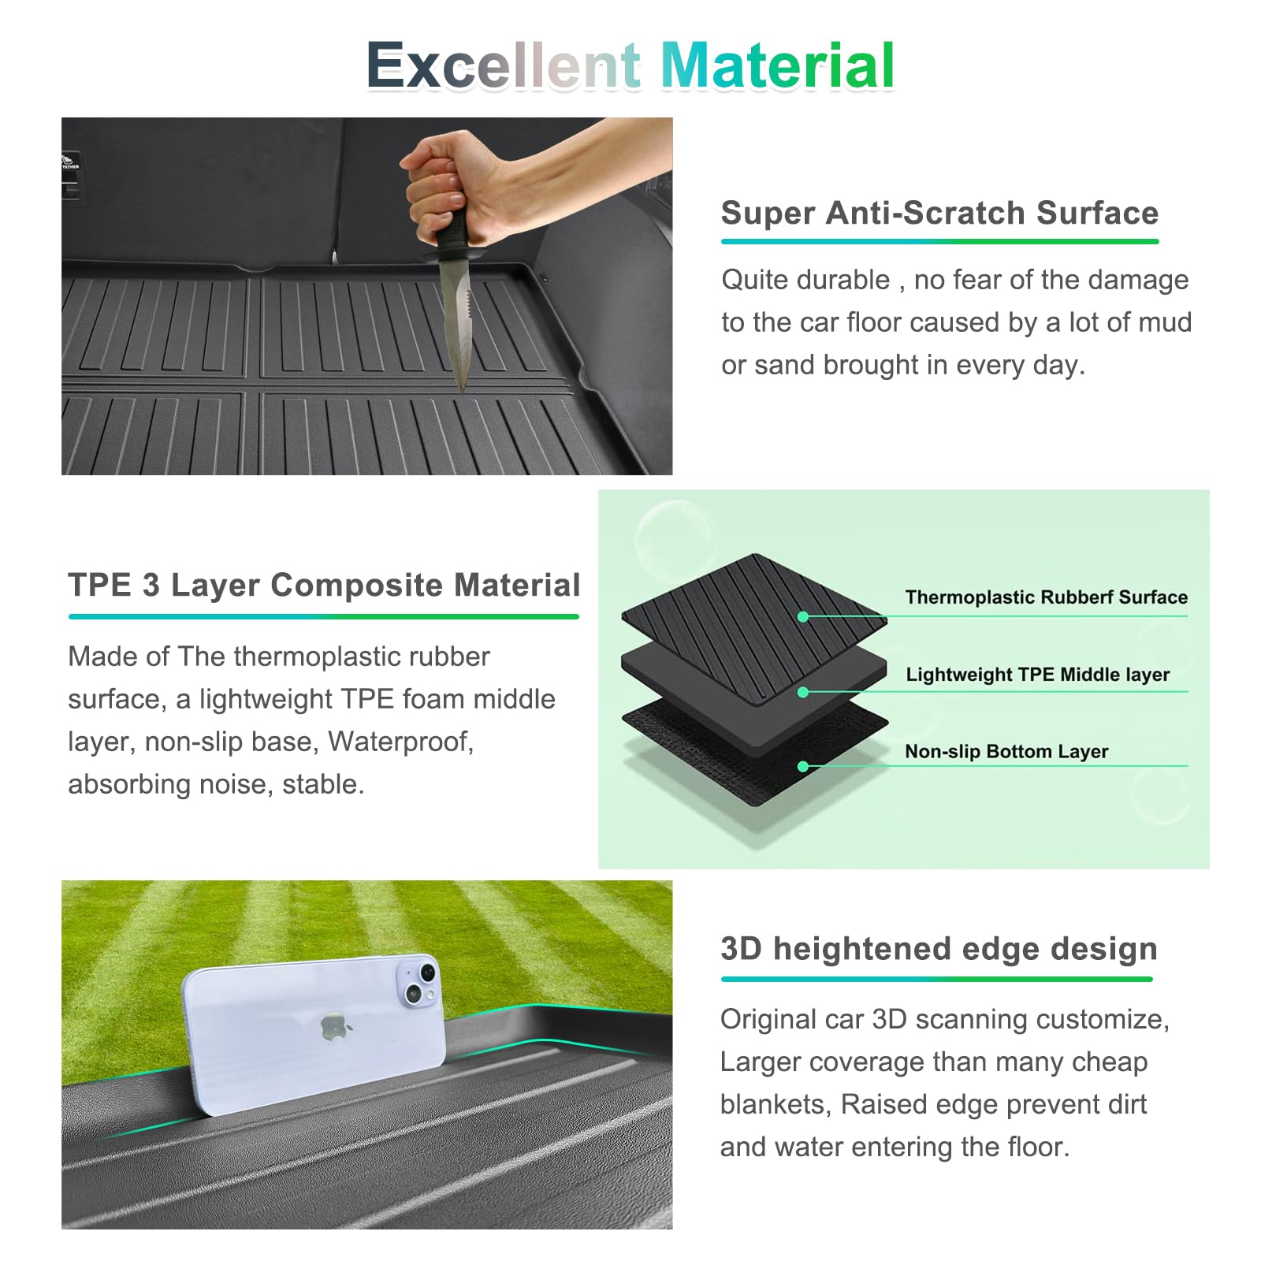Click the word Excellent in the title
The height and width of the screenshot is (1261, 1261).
click(503, 65)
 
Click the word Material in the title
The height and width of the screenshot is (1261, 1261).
click(777, 65)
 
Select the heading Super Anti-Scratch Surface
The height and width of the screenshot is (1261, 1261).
click(939, 213)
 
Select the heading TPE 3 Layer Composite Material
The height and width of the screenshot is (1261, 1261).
click(324, 585)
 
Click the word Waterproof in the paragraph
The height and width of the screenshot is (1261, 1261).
click(400, 742)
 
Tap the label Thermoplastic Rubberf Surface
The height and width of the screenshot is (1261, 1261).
click(1046, 597)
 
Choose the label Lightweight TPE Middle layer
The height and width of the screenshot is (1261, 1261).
click(1037, 674)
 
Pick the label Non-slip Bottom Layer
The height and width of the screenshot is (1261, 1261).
click(1006, 751)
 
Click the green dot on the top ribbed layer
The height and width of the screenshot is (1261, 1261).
click(803, 617)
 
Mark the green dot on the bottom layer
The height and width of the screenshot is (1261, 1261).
click(803, 767)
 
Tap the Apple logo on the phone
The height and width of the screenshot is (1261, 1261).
click(336, 1027)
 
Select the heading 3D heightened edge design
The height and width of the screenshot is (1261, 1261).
click(939, 949)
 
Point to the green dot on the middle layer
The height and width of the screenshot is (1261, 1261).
click(803, 692)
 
